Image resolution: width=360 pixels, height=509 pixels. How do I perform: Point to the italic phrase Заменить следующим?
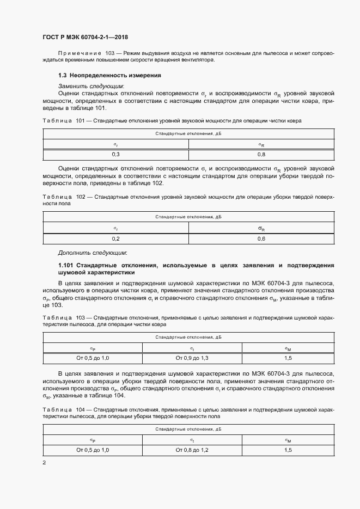point(91,85)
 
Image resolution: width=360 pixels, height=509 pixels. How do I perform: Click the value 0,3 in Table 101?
point(115,155)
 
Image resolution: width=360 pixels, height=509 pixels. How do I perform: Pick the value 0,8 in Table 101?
point(261,155)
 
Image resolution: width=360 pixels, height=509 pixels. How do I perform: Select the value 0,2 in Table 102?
point(115,238)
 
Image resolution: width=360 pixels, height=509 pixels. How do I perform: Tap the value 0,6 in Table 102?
point(261,238)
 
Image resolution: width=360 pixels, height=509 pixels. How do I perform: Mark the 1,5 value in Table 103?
point(288,358)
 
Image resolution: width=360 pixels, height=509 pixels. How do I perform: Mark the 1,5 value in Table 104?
point(288,450)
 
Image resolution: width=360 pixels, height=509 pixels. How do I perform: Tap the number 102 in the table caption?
point(81,197)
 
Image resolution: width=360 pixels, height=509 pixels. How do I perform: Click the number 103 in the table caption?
point(81,316)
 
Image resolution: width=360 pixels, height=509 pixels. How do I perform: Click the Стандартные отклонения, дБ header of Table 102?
point(188,217)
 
